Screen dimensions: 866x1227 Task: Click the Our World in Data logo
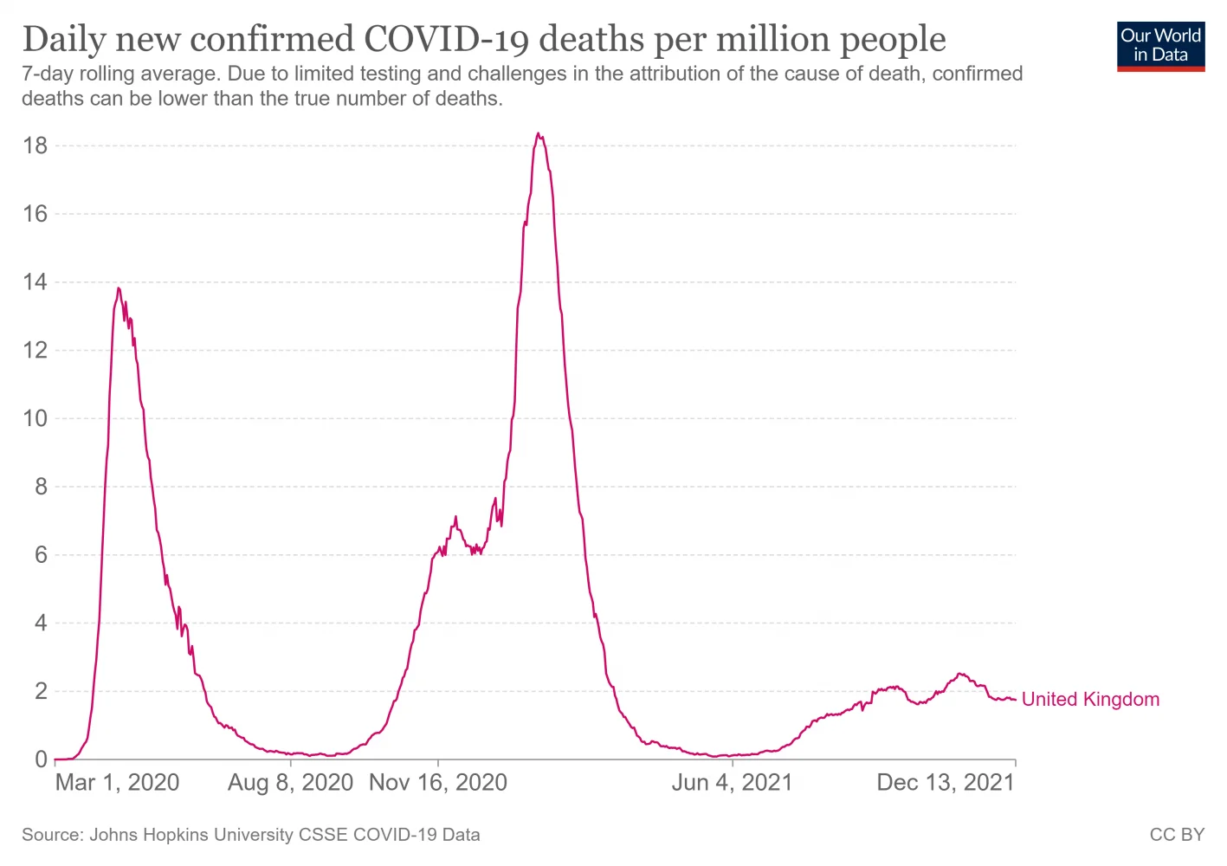[x=1160, y=46]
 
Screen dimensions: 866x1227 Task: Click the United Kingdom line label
[x=1090, y=700]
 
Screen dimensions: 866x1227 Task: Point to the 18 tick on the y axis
[x=36, y=145]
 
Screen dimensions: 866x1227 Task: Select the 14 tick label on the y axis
[x=36, y=282]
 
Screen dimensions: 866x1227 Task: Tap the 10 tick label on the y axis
[x=36, y=419]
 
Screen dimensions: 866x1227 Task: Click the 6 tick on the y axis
[x=41, y=555]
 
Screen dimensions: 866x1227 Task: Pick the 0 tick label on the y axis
[x=41, y=759]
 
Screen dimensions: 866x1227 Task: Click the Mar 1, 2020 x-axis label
[x=117, y=783]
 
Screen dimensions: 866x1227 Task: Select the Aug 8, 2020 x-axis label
[x=290, y=783]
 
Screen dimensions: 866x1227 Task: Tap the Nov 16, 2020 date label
[x=438, y=783]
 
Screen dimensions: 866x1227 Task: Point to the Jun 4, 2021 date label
[x=733, y=783]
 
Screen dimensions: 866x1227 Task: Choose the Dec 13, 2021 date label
[x=945, y=783]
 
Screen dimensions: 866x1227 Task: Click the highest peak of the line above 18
[x=539, y=133]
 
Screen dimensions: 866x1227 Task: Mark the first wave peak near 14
[x=119, y=288]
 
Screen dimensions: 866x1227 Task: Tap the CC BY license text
[x=1177, y=835]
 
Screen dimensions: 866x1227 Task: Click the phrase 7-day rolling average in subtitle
[x=120, y=74]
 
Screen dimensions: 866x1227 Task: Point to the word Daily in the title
[x=61, y=39]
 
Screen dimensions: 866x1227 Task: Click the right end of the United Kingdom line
[x=1014, y=700]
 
